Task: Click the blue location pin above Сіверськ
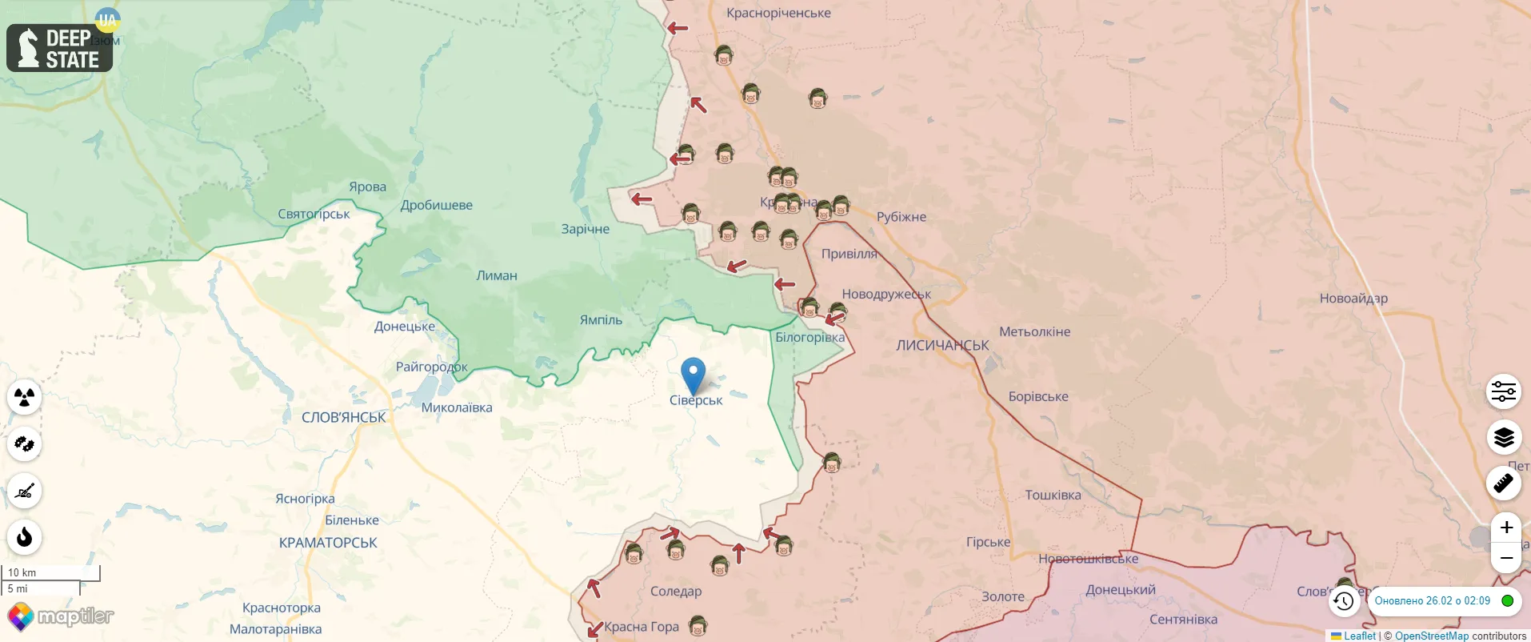click(x=693, y=374)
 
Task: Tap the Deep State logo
click(x=60, y=48)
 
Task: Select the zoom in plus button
click(x=1505, y=528)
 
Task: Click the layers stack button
click(x=1504, y=438)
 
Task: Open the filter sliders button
click(x=1504, y=391)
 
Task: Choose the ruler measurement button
click(x=1504, y=484)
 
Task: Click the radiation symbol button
click(x=25, y=397)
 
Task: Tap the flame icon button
click(x=25, y=536)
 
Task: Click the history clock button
click(x=1344, y=601)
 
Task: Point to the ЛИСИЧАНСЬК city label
click(x=942, y=346)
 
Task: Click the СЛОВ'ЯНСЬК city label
click(x=344, y=418)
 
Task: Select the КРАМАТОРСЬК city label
click(x=328, y=543)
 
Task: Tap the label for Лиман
click(x=497, y=276)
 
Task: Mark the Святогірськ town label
click(x=314, y=215)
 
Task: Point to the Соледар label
click(x=676, y=592)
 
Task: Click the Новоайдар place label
click(x=1353, y=299)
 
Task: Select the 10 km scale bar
click(x=51, y=572)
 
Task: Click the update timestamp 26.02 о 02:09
click(x=1432, y=601)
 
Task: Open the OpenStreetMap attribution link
click(x=1432, y=636)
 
